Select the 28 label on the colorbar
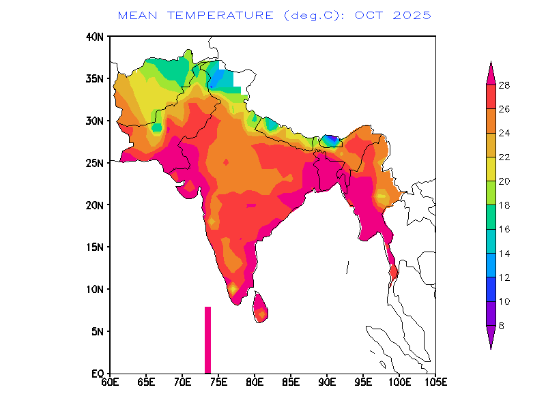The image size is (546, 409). tap(504, 85)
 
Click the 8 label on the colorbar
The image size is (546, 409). tap(502, 325)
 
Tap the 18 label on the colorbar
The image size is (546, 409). tap(504, 205)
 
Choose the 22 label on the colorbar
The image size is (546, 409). tap(504, 157)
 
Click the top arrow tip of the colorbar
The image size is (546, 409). tap(491, 63)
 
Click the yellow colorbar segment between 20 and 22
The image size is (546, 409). tap(491, 169)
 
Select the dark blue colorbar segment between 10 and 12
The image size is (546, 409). tap(491, 289)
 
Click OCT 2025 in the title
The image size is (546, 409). tap(392, 14)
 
